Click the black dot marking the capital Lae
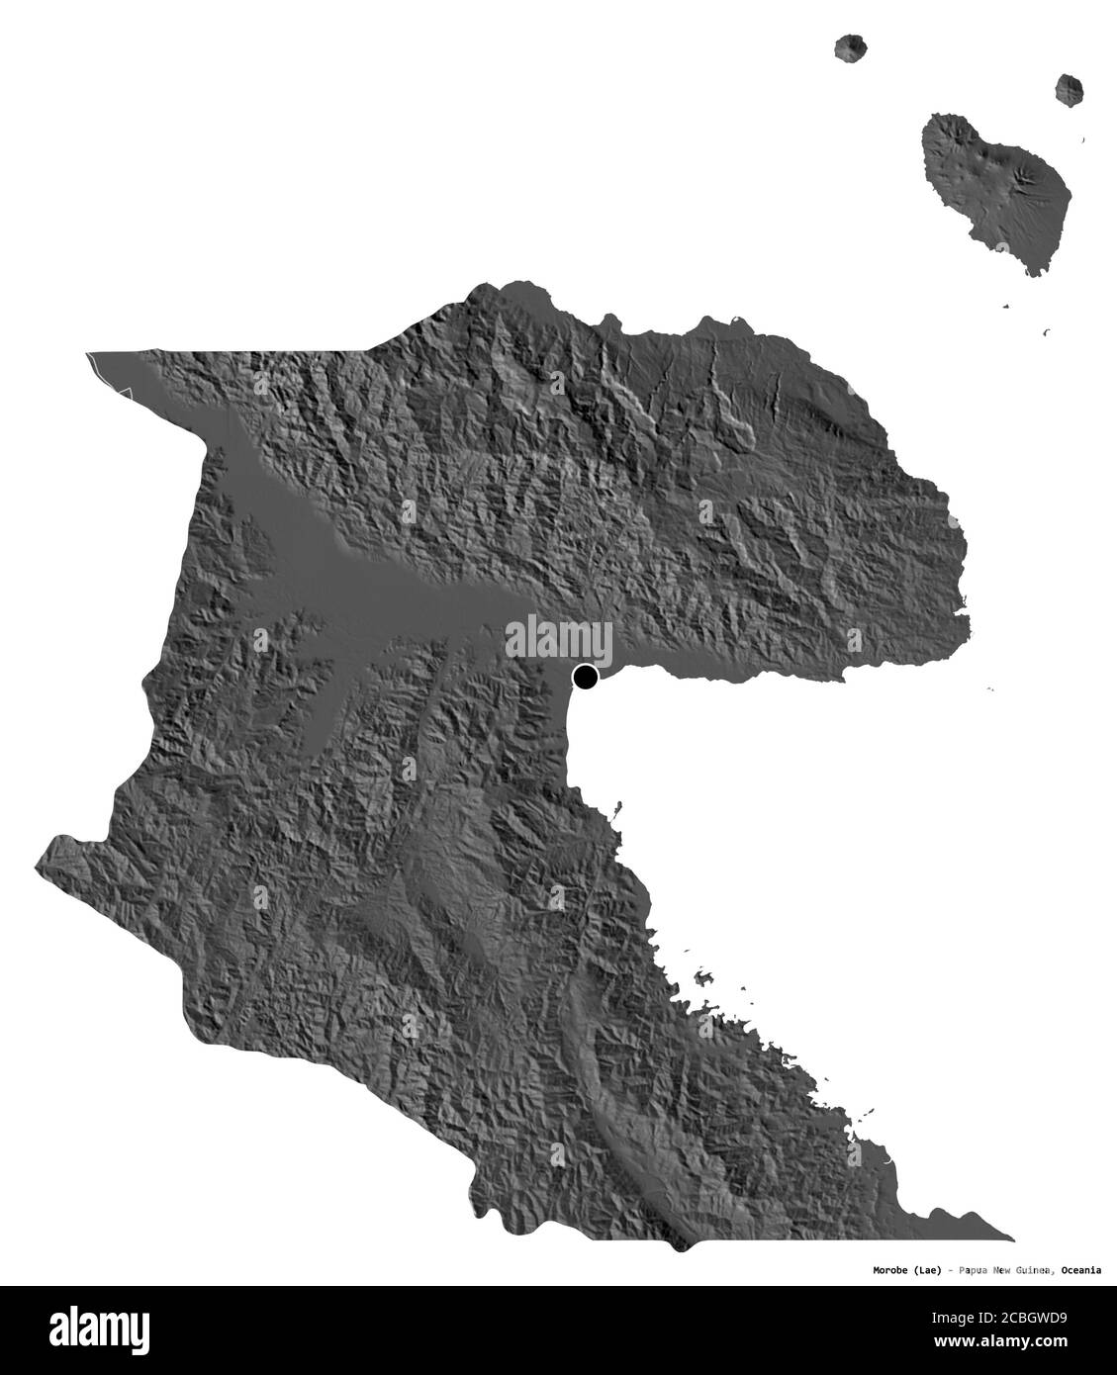(586, 678)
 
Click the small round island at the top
(849, 46)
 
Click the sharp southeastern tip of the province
(1011, 1237)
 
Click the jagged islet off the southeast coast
(704, 978)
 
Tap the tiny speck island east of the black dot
(989, 689)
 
